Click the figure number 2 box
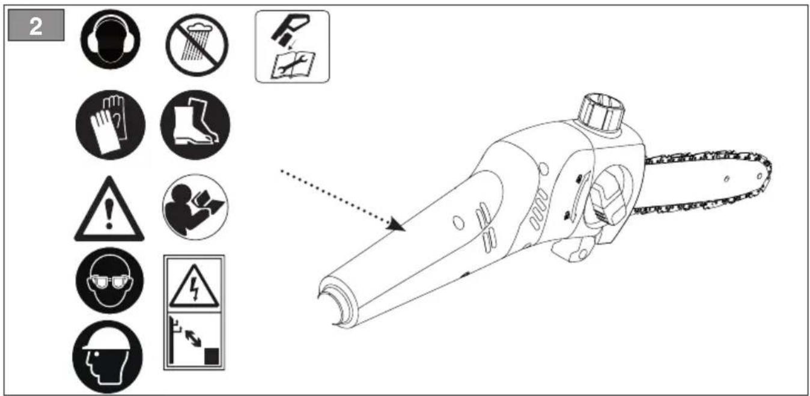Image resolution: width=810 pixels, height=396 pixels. (36, 27)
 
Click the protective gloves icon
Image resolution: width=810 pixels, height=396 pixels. (109, 125)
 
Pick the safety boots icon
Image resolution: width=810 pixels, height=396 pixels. (195, 125)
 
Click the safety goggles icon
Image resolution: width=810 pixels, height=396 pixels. (109, 280)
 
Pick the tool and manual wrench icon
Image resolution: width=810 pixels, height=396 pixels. (292, 46)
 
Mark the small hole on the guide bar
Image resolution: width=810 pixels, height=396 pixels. (727, 179)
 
